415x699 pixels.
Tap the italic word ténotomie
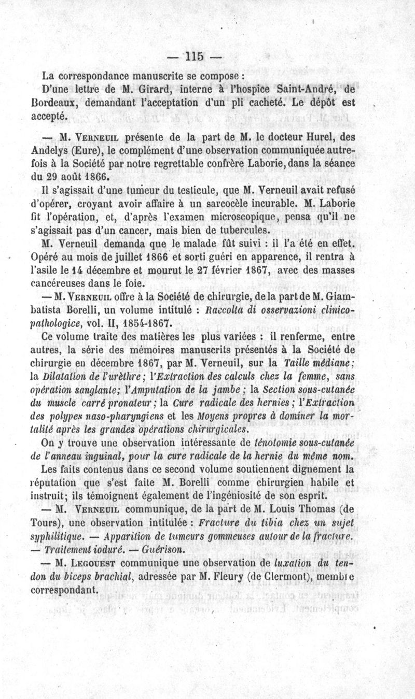(x=281, y=444)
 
